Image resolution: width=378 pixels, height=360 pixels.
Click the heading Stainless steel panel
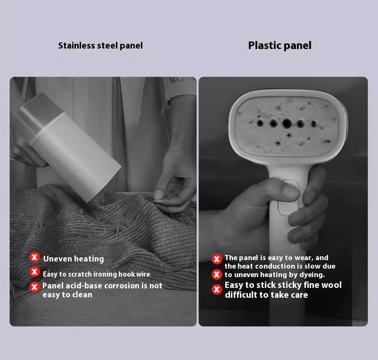pyautogui.click(x=100, y=46)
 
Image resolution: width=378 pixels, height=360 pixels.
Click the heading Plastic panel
pyautogui.click(x=279, y=46)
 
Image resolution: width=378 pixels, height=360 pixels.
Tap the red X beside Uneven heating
pyautogui.click(x=34, y=257)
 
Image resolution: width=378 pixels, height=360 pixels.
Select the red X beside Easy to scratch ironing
pyautogui.click(x=34, y=272)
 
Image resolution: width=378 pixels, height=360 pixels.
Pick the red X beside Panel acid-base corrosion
pyautogui.click(x=34, y=287)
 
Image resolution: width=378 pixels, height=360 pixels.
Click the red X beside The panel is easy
pyautogui.click(x=217, y=259)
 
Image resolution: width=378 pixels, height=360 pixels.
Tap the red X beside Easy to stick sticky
pyautogui.click(x=217, y=289)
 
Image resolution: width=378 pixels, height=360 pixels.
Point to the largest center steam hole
pyautogui.click(x=287, y=123)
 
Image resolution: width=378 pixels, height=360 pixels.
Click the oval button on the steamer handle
pyautogui.click(x=288, y=197)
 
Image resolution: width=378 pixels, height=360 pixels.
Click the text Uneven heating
pyautogui.click(x=74, y=259)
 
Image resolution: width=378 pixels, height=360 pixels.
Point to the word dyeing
pyautogui.click(x=312, y=275)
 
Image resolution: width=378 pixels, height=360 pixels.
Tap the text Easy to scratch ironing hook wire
pyautogui.click(x=97, y=274)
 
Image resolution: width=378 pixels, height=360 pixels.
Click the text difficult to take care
pyautogui.click(x=266, y=295)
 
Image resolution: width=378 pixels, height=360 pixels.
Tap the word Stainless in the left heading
pyautogui.click(x=76, y=46)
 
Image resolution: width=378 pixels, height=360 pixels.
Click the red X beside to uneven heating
pyautogui.click(x=217, y=275)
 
